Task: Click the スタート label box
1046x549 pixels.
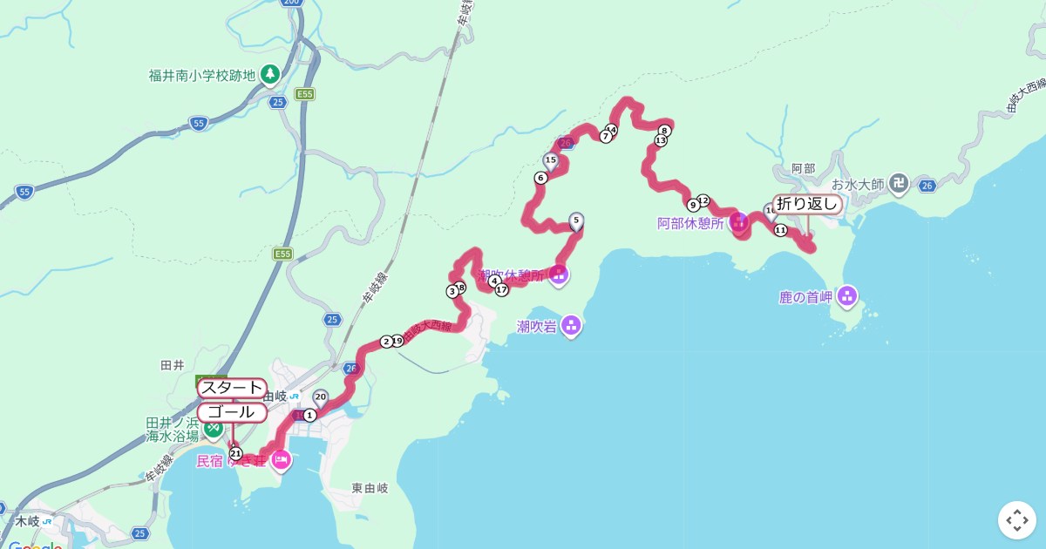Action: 232,388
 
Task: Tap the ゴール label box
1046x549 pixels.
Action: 232,412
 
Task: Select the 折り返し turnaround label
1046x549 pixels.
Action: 807,204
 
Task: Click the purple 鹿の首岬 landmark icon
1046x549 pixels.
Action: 847,296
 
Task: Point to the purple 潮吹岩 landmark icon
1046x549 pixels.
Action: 571,326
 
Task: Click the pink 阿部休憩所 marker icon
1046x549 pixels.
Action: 739,221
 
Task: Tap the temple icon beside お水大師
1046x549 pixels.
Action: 900,184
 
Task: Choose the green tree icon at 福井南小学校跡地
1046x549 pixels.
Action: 270,73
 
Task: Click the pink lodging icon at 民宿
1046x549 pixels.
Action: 280,459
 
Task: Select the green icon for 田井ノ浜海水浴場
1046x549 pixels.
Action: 213,428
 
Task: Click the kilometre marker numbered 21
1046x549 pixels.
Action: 235,453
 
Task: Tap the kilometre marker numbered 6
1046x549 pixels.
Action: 540,178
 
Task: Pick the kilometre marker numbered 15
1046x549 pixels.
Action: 550,160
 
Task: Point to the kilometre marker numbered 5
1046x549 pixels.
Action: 575,220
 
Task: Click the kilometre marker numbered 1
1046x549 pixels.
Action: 309,415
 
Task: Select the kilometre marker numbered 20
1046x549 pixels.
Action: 321,397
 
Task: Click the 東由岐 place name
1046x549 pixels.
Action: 370,488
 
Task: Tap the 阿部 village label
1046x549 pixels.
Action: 803,168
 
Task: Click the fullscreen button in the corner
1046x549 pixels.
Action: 1017,520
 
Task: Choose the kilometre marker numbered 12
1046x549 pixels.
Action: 703,200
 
